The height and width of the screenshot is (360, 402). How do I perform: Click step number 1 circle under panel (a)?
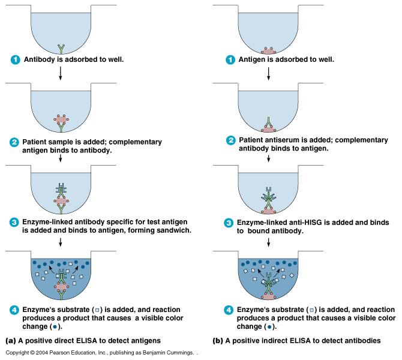(15, 60)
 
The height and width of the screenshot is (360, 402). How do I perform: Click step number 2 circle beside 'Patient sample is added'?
(15, 142)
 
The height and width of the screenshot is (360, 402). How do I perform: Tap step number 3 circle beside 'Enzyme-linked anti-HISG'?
(229, 223)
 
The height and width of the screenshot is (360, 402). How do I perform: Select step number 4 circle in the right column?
(229, 310)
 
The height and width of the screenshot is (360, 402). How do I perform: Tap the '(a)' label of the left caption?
(11, 340)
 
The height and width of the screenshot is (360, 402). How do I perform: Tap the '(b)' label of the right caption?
(219, 340)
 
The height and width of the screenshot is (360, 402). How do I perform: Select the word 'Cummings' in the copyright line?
(178, 353)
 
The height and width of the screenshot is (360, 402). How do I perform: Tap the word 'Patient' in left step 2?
(38, 142)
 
